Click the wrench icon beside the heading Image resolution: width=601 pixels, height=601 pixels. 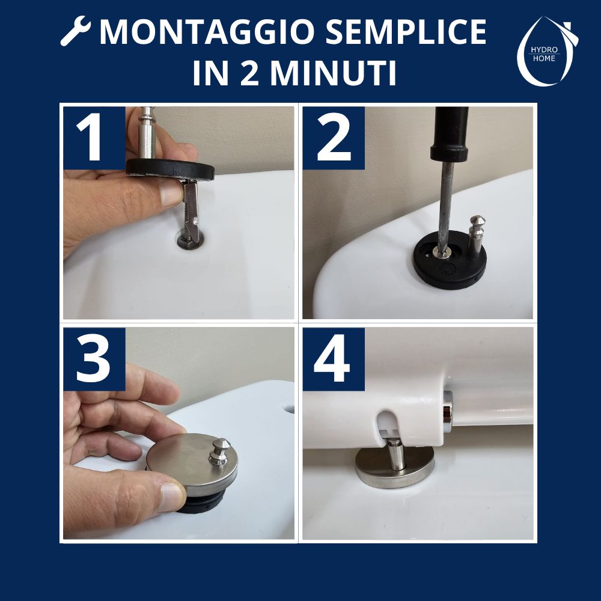[x=76, y=31]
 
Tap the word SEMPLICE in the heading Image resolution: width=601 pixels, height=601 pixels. [x=407, y=32]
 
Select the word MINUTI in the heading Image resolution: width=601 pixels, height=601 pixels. [x=334, y=73]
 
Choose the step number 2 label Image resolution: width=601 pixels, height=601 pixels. [x=334, y=138]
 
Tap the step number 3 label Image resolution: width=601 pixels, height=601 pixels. [x=94, y=359]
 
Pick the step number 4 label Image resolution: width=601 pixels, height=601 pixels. [x=334, y=359]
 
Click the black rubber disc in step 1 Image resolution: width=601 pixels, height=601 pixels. [x=171, y=169]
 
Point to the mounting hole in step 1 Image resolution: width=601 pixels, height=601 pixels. [x=190, y=241]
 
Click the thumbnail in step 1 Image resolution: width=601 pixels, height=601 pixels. [x=170, y=192]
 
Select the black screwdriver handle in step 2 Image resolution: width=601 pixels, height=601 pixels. [x=449, y=133]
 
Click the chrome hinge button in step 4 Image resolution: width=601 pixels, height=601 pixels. [x=447, y=412]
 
